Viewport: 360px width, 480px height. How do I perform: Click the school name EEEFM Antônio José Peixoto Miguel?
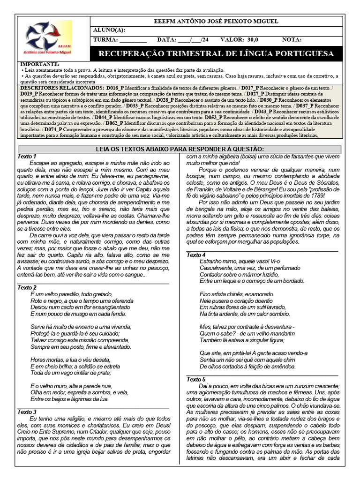point(216,22)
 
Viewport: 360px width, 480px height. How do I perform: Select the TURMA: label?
point(106,40)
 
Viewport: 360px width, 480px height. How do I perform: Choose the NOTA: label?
point(292,40)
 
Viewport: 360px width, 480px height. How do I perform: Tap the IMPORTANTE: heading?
point(40,64)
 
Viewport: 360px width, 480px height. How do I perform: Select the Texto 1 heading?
point(27,156)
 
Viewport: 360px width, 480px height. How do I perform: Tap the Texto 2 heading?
point(27,287)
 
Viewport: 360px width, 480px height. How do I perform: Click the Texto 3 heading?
point(27,412)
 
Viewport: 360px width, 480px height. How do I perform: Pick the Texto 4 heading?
point(196,255)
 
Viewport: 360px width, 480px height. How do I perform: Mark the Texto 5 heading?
point(196,379)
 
